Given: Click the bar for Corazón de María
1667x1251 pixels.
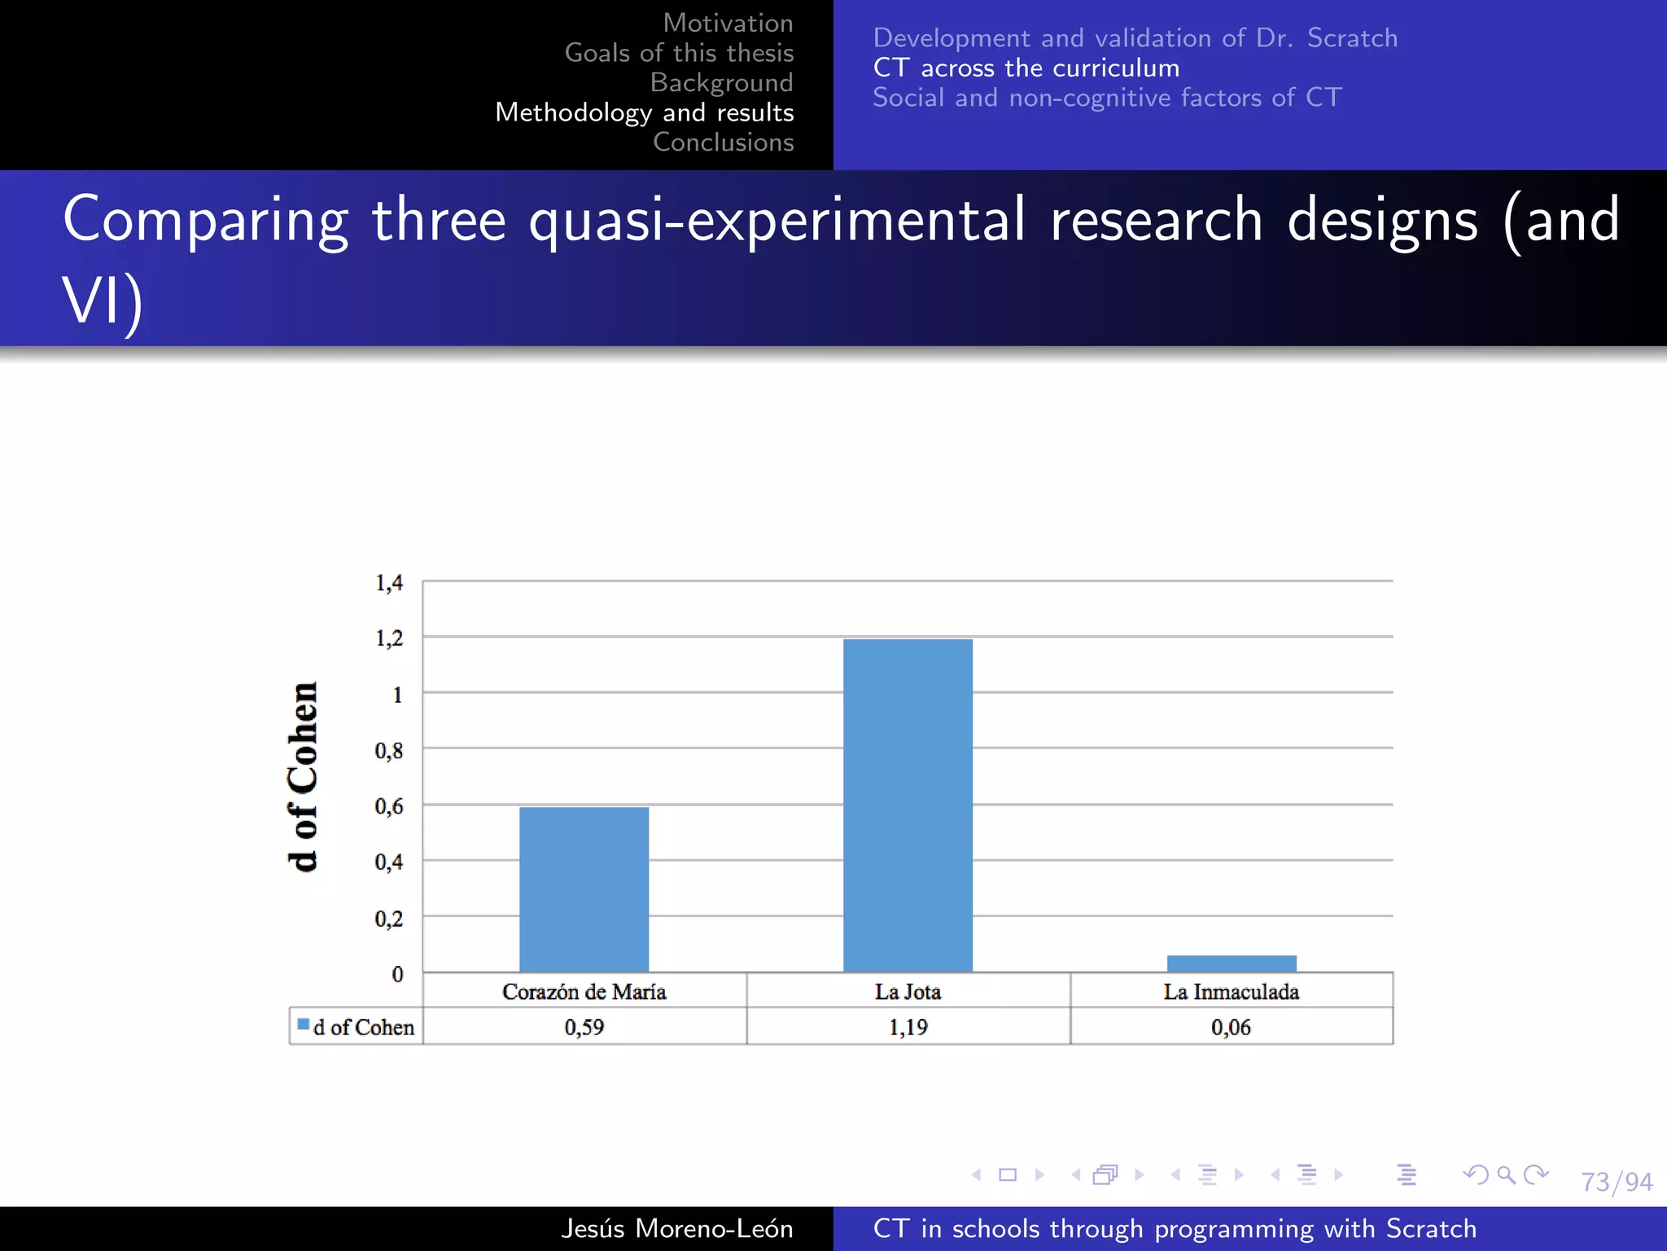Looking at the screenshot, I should (x=584, y=889).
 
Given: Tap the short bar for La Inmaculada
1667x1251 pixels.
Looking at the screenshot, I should (x=1231, y=963).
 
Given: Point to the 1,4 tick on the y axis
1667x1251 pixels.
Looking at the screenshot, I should (x=388, y=583).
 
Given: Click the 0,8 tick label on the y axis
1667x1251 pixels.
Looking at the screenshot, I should (x=388, y=750).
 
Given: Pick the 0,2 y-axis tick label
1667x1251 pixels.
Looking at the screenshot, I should (x=388, y=919).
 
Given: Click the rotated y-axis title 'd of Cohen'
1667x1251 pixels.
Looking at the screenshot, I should (x=303, y=776).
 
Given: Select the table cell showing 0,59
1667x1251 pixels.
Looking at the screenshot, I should (x=584, y=1027).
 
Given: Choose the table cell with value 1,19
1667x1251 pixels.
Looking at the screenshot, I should (x=908, y=1027).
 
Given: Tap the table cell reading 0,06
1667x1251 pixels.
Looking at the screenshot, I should (x=1231, y=1027).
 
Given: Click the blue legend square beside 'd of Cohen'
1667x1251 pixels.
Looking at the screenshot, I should (x=304, y=1025).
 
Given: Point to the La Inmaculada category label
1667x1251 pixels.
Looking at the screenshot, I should (x=1231, y=991).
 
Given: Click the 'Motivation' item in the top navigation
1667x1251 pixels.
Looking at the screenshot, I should (x=728, y=23).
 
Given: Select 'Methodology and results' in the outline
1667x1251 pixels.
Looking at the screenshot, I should (x=644, y=112).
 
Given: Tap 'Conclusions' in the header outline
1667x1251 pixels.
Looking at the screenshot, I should (x=723, y=142).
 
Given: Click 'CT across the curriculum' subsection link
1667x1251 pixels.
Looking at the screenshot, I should (x=1026, y=68).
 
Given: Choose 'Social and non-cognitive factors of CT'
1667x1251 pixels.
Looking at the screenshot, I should (x=1107, y=98).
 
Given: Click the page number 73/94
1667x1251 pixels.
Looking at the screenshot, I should (x=1616, y=1181).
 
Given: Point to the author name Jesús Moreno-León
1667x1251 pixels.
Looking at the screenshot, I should (x=676, y=1228).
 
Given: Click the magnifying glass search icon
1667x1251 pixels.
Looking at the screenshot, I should (x=1506, y=1174).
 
